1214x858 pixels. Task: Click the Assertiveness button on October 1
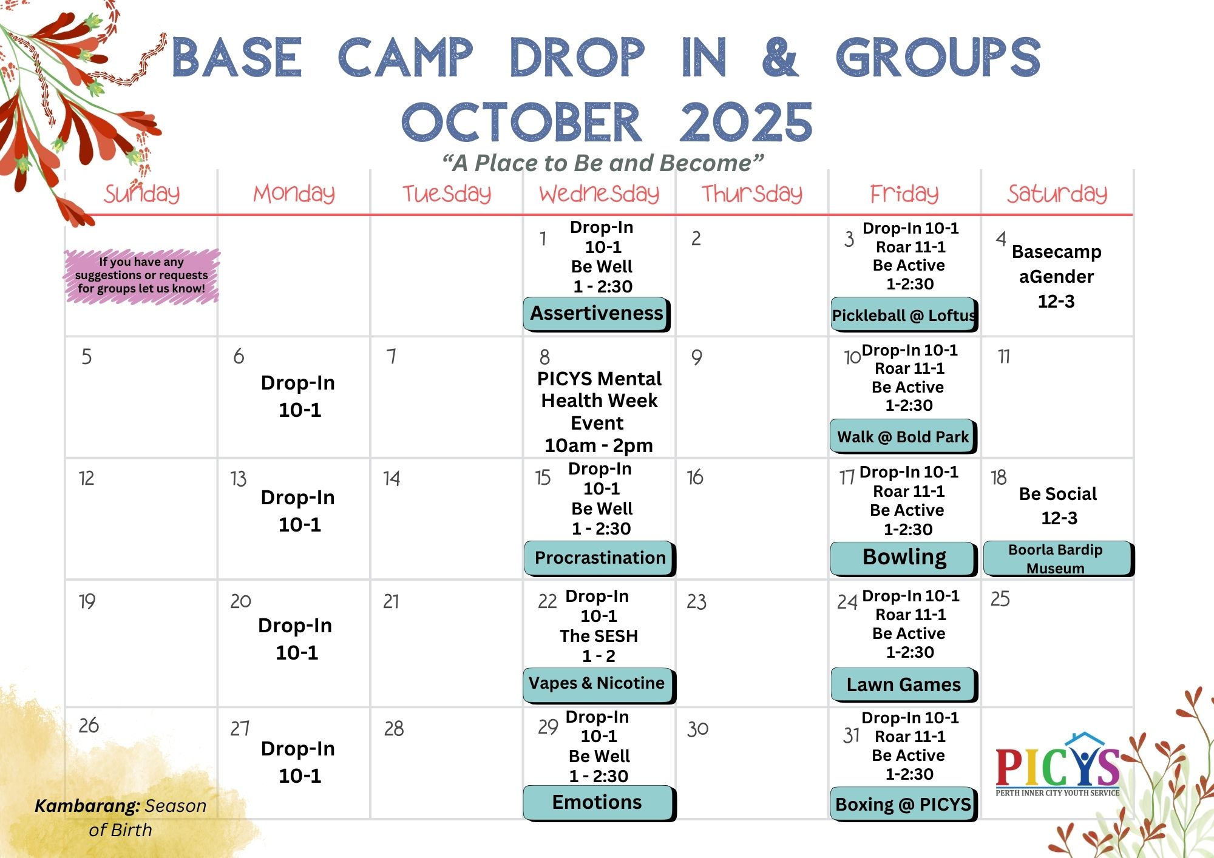click(597, 314)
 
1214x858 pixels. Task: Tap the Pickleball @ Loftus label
click(904, 315)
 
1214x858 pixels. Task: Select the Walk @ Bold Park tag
click(903, 437)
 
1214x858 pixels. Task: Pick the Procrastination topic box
click(600, 558)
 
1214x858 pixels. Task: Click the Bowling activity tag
click(904, 558)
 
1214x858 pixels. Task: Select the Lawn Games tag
click(904, 685)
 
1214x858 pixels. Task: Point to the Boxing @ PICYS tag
click(904, 805)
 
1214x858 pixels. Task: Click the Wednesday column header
click(599, 194)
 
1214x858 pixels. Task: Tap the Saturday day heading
click(1057, 194)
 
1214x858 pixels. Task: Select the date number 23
click(697, 601)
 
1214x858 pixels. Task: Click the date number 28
click(394, 728)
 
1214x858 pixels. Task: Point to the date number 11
click(1004, 356)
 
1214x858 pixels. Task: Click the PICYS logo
click(1057, 765)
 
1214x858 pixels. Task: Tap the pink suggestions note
click(141, 275)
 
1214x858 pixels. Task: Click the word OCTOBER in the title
click(522, 123)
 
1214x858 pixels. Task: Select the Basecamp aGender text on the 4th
click(1056, 264)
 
